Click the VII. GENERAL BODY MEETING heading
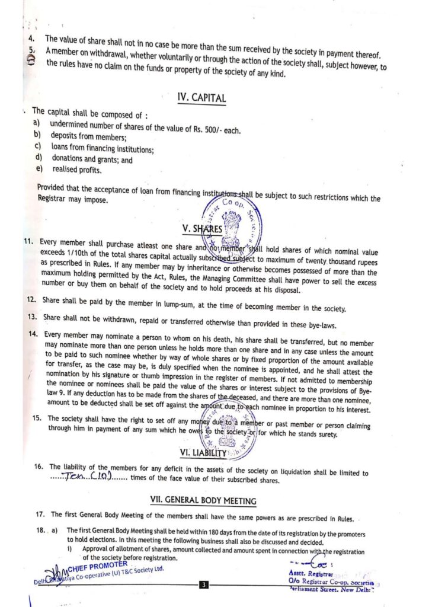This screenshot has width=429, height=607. click(205, 501)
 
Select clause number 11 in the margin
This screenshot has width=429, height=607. click(27, 242)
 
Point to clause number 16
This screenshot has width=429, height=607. click(39, 466)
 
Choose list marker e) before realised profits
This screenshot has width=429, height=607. click(39, 170)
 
